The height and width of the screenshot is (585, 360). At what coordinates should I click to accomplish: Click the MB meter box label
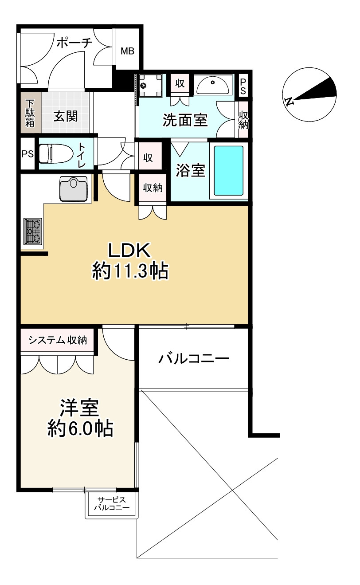tap(128, 51)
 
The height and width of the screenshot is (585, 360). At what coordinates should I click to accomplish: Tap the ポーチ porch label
tap(74, 43)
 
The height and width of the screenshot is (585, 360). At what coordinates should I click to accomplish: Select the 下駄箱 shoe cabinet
tap(30, 113)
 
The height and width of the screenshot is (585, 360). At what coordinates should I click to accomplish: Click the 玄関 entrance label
tap(66, 116)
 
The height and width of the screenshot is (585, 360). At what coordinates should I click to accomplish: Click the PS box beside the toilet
tap(28, 154)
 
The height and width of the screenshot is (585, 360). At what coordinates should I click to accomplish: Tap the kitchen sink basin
tap(72, 188)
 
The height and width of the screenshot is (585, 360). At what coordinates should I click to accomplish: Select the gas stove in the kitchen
tap(32, 232)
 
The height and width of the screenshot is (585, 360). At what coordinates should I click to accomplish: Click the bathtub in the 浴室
tap(229, 171)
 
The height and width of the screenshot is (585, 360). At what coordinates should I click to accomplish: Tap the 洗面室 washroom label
tap(185, 120)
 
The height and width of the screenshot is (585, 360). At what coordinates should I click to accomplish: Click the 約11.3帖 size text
tap(130, 271)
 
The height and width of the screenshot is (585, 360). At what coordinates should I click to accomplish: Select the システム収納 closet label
tap(57, 340)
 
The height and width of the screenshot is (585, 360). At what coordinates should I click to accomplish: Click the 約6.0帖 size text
tap(80, 428)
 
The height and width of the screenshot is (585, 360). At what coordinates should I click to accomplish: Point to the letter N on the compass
tap(289, 102)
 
